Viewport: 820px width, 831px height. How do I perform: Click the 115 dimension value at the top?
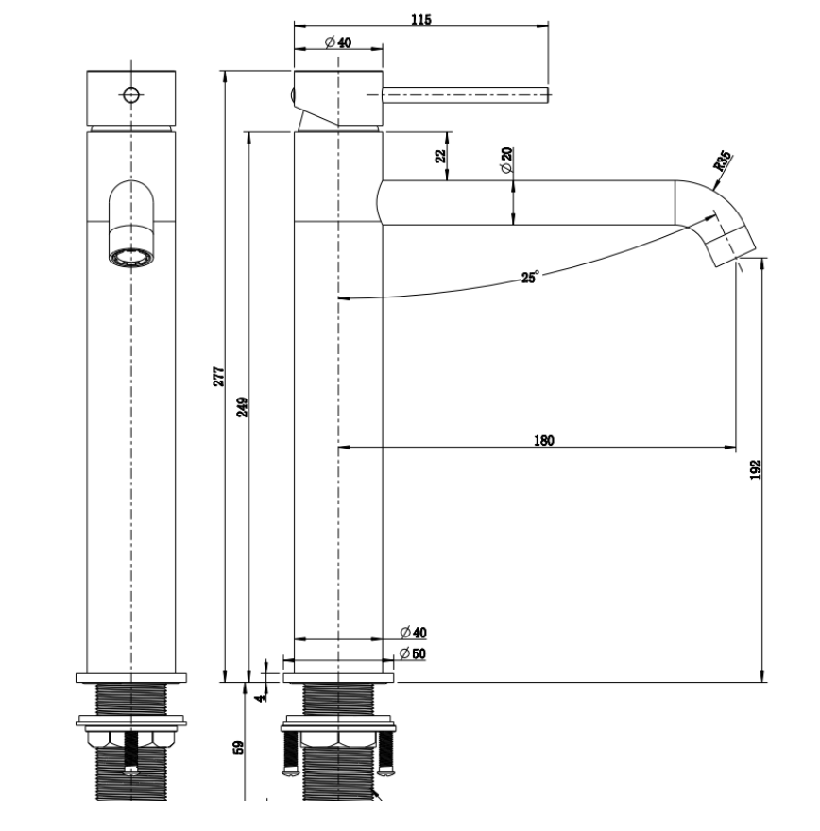coord(421,20)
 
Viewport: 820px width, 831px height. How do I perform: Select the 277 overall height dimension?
coord(219,376)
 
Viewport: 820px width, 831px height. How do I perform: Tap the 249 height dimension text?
coord(242,407)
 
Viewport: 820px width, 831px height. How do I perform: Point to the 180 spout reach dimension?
coord(544,440)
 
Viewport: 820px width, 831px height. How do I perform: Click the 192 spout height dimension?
coord(756,469)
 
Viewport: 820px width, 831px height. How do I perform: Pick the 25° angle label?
coord(530,277)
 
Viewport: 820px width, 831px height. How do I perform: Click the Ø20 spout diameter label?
coord(506,160)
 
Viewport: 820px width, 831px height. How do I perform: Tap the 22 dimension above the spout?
coord(440,157)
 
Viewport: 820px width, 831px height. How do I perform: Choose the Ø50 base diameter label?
coord(413,653)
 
